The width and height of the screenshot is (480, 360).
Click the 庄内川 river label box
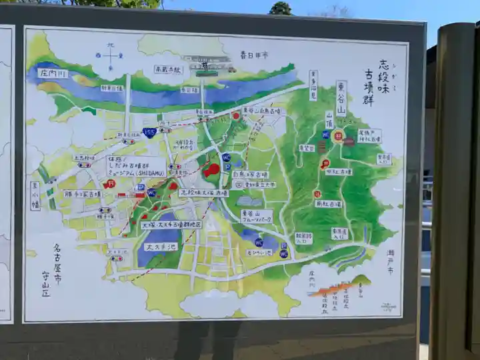tap(53, 73)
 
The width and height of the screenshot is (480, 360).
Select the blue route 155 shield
tap(149, 132)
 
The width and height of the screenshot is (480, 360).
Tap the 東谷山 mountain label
tap(341, 98)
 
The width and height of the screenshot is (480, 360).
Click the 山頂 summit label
tap(329, 120)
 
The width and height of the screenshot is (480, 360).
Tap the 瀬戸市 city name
tap(389, 262)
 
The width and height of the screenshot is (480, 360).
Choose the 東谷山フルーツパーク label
tap(257, 216)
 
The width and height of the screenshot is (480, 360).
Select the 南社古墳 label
tap(328, 204)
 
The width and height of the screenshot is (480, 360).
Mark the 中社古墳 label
tap(339, 171)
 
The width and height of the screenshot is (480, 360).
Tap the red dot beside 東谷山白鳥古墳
tap(235, 115)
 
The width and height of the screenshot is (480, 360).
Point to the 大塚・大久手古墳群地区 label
tap(171, 225)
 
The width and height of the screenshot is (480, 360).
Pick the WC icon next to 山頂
tap(326, 134)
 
